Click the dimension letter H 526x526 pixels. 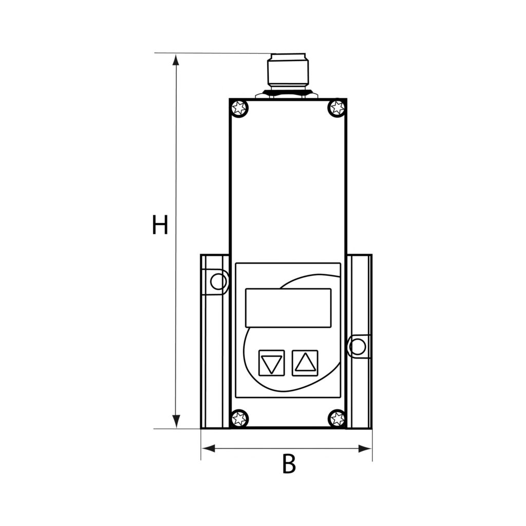click(x=160, y=226)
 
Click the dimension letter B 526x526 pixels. click(x=289, y=464)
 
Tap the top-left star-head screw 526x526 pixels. click(x=239, y=108)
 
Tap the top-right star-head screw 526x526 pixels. click(x=336, y=108)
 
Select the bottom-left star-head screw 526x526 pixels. click(x=239, y=419)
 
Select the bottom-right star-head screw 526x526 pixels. click(x=337, y=419)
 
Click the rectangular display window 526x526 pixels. click(x=288, y=308)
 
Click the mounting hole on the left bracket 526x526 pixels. click(x=218, y=281)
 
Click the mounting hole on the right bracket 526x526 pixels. click(x=358, y=347)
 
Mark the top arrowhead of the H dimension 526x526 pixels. click(x=176, y=60)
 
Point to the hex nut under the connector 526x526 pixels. click(x=288, y=94)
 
